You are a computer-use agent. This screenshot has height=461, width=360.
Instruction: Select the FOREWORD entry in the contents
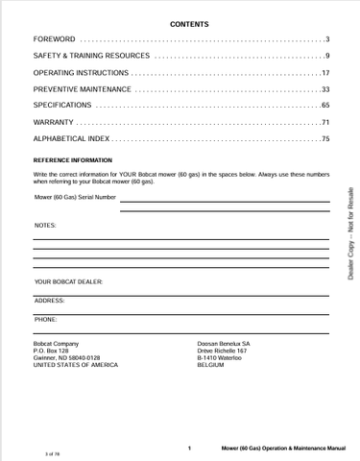click(54, 38)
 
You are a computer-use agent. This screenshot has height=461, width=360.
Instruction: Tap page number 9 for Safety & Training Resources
click(327, 56)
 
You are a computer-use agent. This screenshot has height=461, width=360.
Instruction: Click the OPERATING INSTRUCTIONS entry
click(82, 73)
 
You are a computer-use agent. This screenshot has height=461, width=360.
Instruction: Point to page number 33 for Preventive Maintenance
click(325, 89)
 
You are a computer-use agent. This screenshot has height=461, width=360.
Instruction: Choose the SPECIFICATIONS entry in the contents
click(63, 106)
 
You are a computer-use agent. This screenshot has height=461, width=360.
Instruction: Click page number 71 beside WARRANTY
click(325, 123)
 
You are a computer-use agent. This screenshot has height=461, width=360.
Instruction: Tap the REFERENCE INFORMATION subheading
click(73, 158)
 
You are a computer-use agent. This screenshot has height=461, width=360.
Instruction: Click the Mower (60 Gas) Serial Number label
click(75, 197)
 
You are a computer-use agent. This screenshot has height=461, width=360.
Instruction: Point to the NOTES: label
click(45, 225)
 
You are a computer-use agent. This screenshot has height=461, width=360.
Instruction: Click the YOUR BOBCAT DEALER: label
click(68, 281)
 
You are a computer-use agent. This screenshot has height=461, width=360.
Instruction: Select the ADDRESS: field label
click(50, 300)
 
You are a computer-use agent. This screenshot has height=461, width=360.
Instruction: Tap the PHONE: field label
click(46, 318)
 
